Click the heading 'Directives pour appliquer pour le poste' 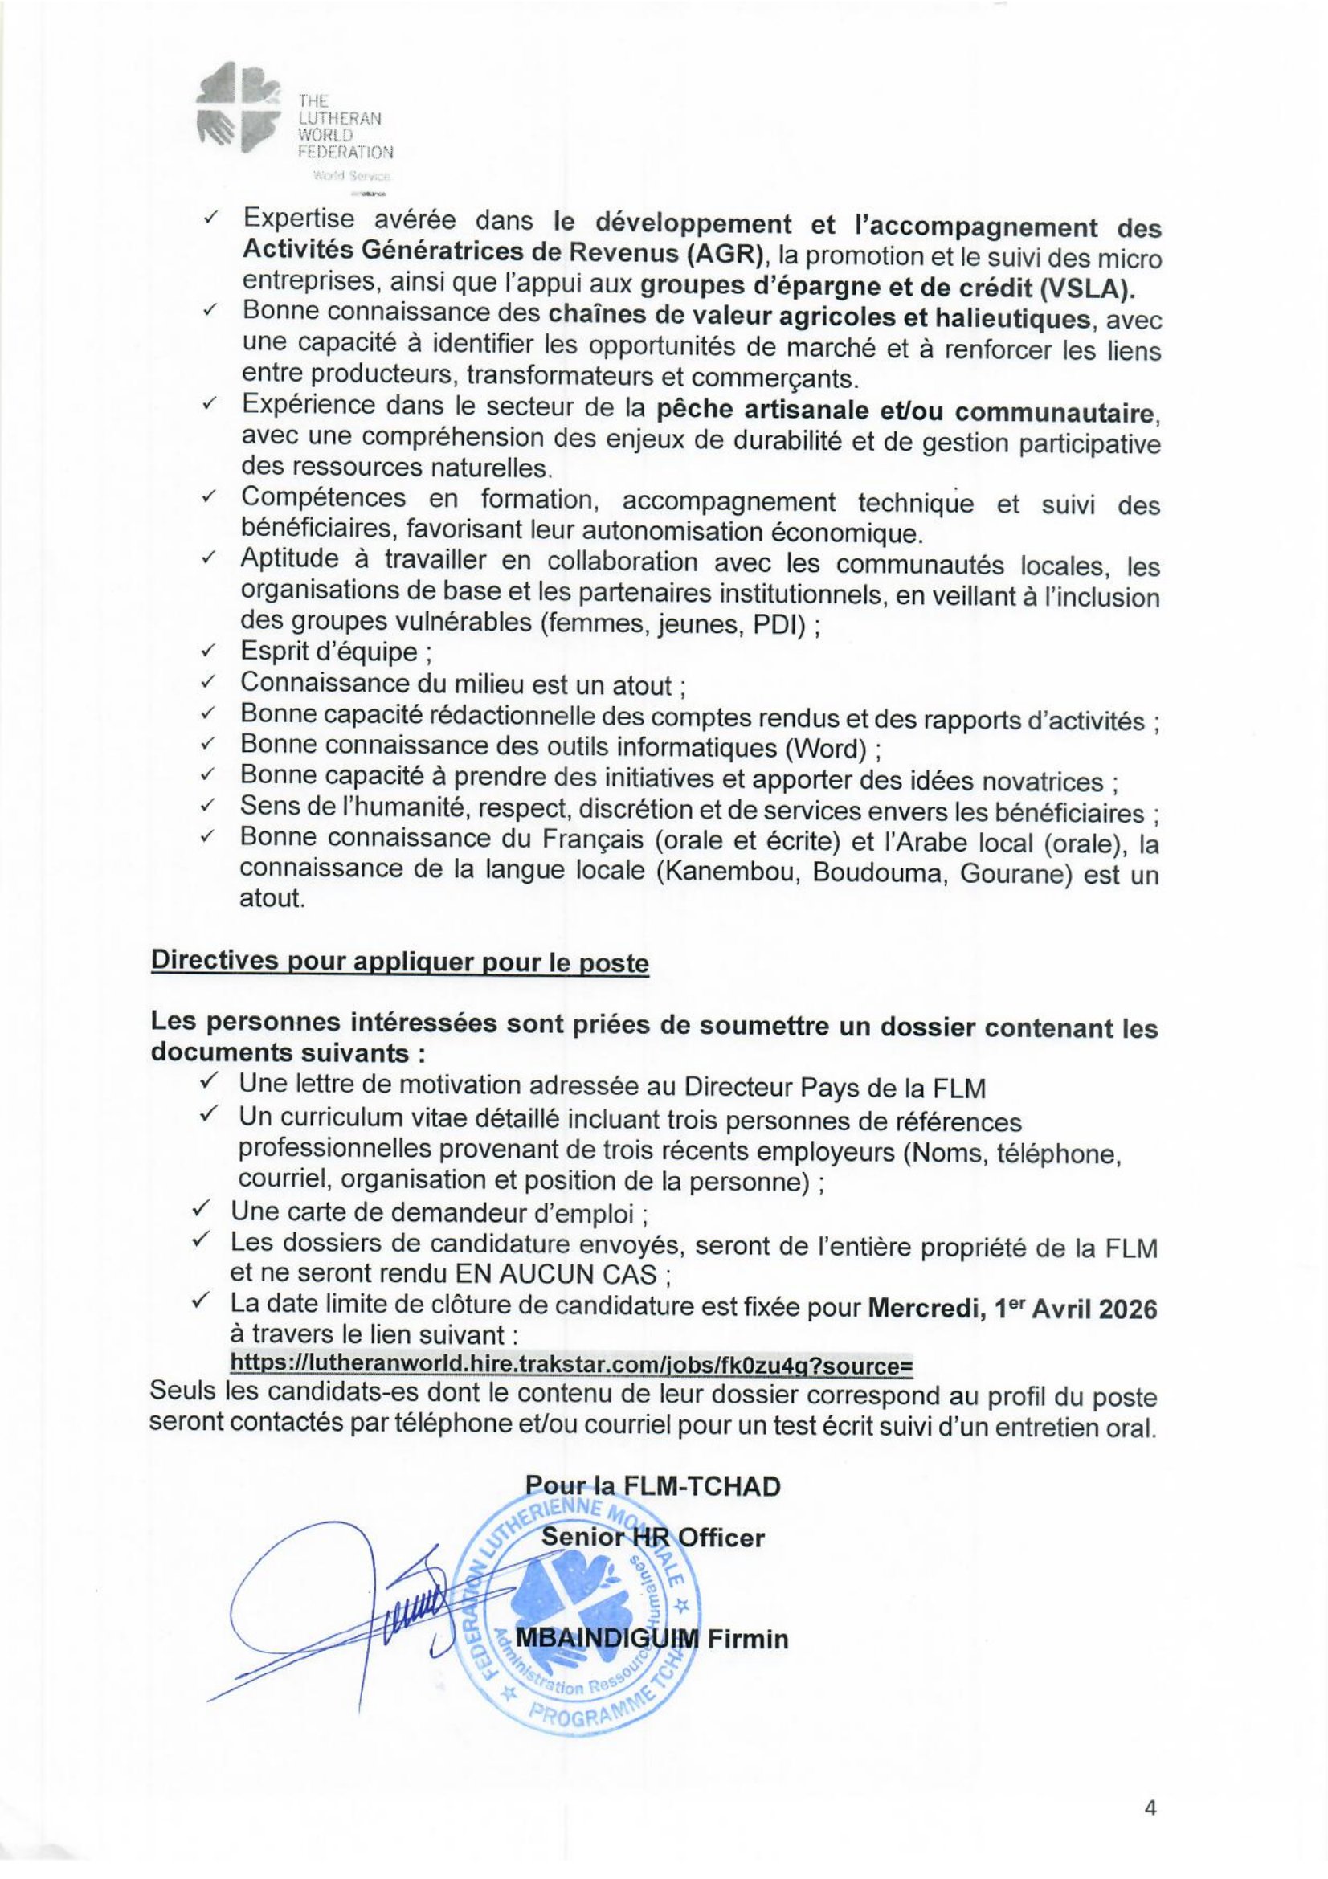[399, 962]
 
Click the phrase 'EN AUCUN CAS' [556, 1274]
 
